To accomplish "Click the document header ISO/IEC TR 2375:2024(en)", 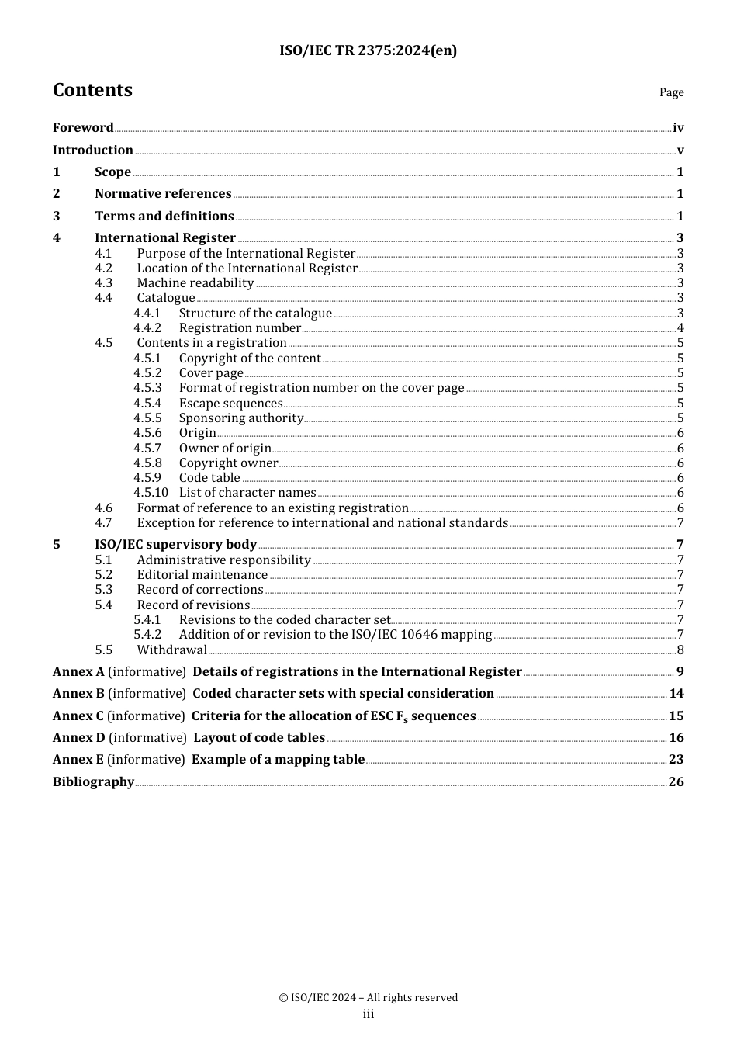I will tap(368, 50).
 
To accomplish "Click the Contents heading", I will tap(92, 90).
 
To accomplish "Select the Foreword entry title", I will tap(83, 128).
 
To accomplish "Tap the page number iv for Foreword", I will tap(678, 128).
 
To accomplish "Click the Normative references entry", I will tap(163, 194).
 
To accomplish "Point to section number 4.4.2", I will tap(147, 328).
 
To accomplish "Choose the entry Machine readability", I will tap(195, 283).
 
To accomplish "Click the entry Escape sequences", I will tap(230, 404).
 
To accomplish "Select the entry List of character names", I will tap(247, 493).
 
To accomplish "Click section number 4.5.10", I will tap(151, 493).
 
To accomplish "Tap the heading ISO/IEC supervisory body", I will tap(175, 545).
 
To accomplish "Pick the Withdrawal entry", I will tap(171, 650).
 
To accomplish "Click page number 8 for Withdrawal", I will tap(680, 650).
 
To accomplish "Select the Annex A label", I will tap(78, 672).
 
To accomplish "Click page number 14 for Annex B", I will tap(676, 694).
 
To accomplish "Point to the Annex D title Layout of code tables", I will tap(259, 738).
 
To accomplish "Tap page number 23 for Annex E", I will tap(676, 760).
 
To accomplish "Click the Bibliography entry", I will tap(93, 782).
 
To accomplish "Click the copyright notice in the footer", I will tap(368, 998).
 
